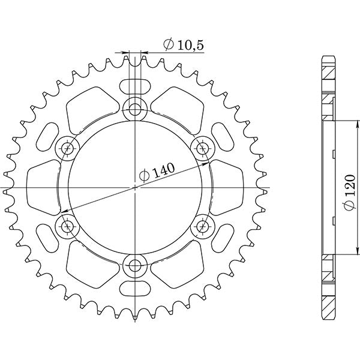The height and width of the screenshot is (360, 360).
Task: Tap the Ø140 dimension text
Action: point(157,173)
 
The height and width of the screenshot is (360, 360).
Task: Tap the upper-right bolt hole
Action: point(202,147)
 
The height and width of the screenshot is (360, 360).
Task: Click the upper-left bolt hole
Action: point(67,148)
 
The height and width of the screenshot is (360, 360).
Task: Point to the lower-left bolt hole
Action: point(67,226)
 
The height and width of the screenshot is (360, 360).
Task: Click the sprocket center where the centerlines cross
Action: point(135,187)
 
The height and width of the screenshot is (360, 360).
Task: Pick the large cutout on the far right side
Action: point(227,180)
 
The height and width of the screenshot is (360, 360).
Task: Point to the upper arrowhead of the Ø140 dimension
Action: point(206,162)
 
